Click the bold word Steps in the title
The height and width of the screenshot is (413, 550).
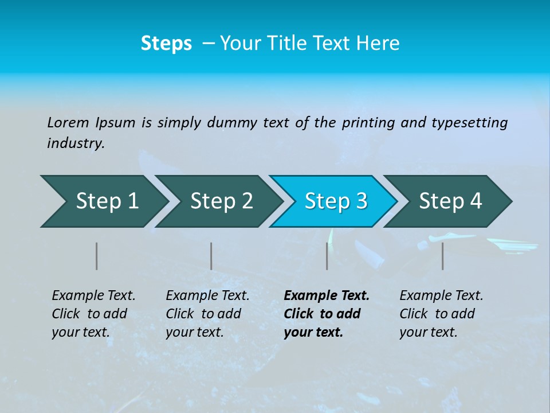166,44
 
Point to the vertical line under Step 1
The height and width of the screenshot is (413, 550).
97,256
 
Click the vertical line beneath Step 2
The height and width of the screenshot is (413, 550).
211,256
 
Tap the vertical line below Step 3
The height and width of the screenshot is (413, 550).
327,256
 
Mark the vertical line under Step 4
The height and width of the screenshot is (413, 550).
442,256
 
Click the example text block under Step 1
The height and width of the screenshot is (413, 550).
93,314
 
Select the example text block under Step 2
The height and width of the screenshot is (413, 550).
207,314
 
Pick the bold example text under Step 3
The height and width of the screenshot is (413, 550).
327,314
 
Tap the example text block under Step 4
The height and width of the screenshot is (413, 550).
441,314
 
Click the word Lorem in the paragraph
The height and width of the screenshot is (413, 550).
68,123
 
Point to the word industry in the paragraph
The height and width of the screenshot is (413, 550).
76,143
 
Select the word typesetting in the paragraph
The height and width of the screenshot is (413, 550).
469,123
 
